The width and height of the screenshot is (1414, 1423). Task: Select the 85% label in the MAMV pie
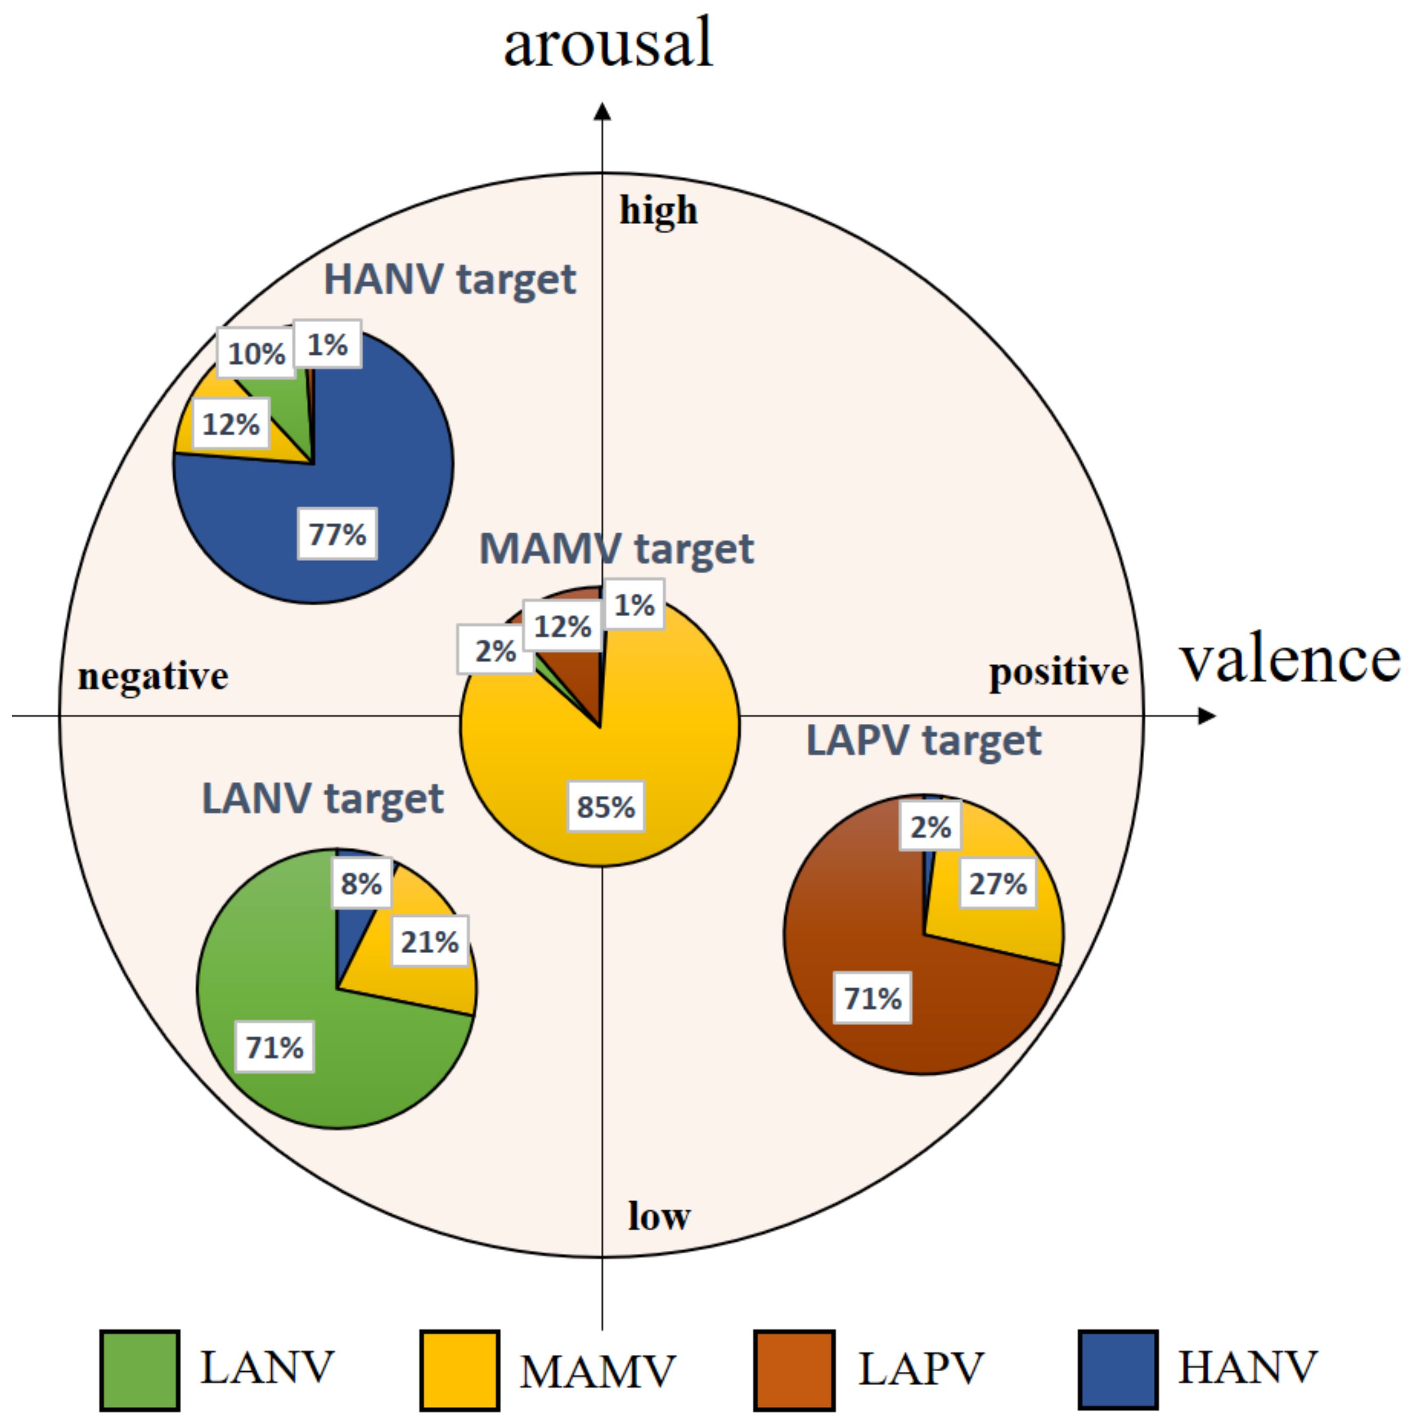[605, 806]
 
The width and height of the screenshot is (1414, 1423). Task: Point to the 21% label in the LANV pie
[429, 941]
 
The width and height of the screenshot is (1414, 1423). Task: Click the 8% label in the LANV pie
[361, 883]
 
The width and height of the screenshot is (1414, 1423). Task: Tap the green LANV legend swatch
[140, 1370]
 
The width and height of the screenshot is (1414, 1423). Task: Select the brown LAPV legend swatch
[794, 1370]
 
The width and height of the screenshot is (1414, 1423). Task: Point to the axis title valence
[1290, 659]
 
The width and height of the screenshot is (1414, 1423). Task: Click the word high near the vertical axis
[657, 211]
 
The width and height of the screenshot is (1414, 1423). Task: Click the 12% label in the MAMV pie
[563, 626]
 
